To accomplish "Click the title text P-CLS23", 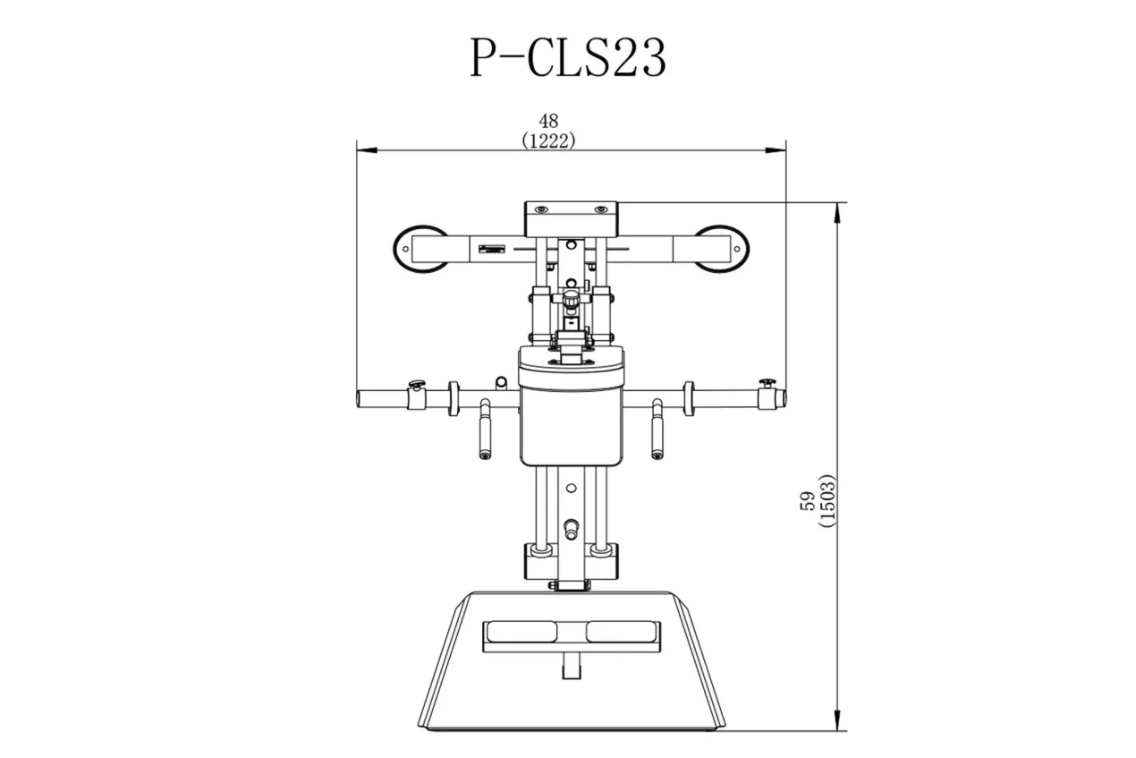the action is (x=568, y=57).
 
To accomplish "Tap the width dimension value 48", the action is (x=548, y=121).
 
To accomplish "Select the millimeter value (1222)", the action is (x=548, y=141).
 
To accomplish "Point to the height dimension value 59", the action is (x=807, y=500).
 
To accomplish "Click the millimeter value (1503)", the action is (x=827, y=500).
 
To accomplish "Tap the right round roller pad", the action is (x=721, y=249).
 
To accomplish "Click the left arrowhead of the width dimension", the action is (x=367, y=150).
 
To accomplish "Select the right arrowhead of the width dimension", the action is (x=776, y=150).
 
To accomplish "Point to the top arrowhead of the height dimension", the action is (x=837, y=213).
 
